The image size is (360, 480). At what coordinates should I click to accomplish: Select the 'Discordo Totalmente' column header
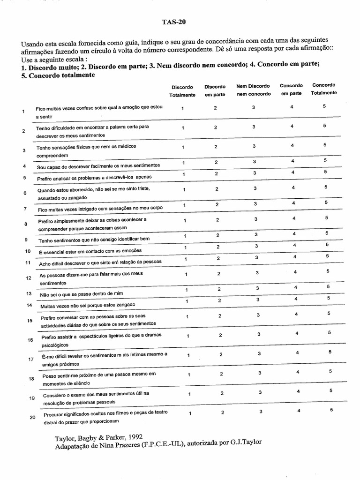tap(182, 91)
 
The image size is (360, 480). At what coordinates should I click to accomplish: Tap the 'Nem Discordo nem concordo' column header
tap(253, 90)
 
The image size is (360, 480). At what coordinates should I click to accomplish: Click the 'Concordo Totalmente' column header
tap(323, 89)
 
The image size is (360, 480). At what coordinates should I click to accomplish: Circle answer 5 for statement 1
tap(324, 106)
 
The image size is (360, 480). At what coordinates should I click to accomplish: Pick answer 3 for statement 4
tap(255, 162)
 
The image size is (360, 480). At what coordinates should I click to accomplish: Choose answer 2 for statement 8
tap(217, 220)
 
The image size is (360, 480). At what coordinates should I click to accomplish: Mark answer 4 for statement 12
tap(295, 272)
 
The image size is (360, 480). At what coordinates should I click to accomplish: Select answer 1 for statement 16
tap(188, 336)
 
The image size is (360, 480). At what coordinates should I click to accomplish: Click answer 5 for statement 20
tap(331, 410)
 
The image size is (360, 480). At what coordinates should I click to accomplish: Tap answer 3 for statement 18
tap(259, 373)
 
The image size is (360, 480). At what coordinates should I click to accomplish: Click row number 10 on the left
tap(28, 251)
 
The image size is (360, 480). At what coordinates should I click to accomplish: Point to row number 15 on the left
tap(30, 321)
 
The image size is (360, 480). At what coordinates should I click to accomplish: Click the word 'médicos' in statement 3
tap(126, 147)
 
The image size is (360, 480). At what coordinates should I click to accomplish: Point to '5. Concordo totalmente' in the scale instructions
tap(54, 75)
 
